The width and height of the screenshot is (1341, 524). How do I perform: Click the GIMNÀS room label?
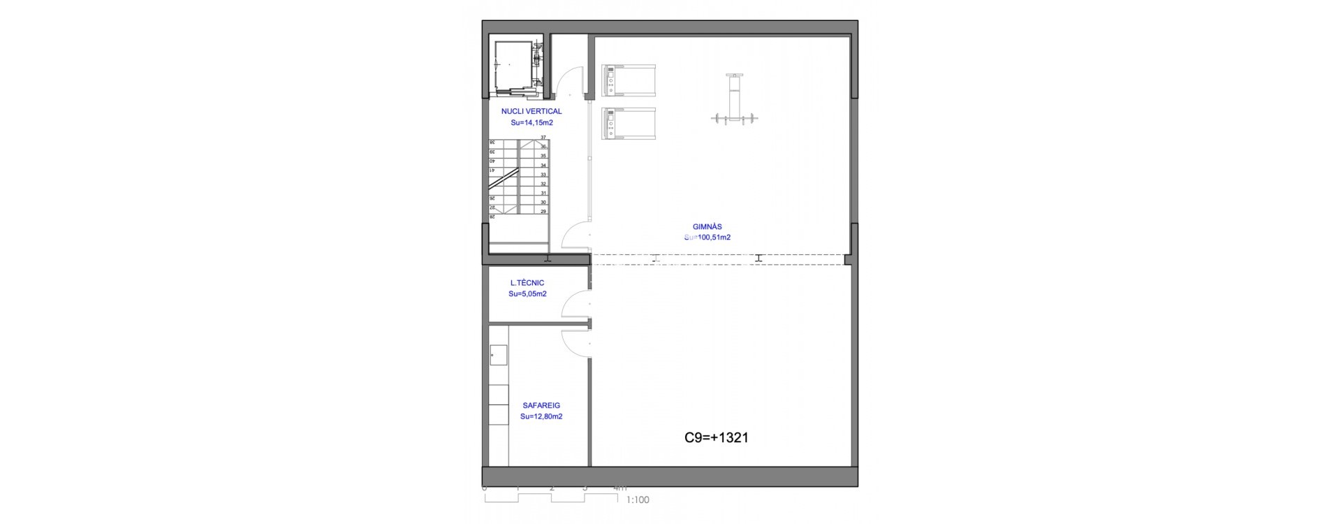coord(707,226)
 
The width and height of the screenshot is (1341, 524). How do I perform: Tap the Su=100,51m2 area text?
coord(707,238)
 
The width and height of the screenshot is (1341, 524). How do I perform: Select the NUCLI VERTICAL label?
coord(531,111)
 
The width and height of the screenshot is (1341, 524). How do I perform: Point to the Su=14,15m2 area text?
coord(532,122)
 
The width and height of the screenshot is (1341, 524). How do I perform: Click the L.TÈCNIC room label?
coord(527,283)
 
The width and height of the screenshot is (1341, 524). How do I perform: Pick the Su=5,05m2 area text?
coord(527,294)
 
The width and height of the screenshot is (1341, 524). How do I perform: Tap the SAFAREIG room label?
coord(541,405)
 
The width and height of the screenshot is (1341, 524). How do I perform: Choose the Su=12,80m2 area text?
coord(541,416)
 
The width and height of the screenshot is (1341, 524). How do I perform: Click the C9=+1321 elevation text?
coord(716,438)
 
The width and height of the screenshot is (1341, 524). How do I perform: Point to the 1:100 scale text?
coord(638,500)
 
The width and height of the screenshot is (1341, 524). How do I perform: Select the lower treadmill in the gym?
coord(629,124)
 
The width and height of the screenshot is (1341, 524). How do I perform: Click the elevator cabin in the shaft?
coord(511,63)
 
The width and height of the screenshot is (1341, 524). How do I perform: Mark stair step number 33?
coord(543,175)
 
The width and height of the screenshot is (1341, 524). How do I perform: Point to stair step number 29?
coord(543,211)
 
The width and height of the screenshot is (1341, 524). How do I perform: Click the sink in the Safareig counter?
coord(498,355)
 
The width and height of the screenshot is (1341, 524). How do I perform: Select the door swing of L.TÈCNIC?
coord(577,306)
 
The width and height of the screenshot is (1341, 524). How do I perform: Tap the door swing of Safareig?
coord(577,342)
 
